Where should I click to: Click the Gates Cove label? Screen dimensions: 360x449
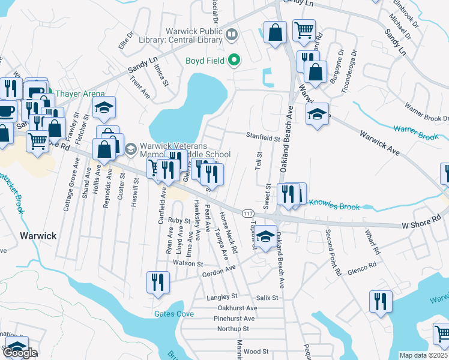point(173,314)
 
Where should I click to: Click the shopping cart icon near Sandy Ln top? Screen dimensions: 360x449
point(304,29)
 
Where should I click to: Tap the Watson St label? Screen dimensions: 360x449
point(188,263)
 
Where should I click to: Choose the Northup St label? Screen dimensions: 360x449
point(233,329)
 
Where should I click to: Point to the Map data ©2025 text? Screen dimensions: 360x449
point(423,355)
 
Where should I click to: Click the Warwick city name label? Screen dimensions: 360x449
point(37,236)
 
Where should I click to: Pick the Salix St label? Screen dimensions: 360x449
point(267,298)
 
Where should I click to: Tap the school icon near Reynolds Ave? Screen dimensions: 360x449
point(104,108)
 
